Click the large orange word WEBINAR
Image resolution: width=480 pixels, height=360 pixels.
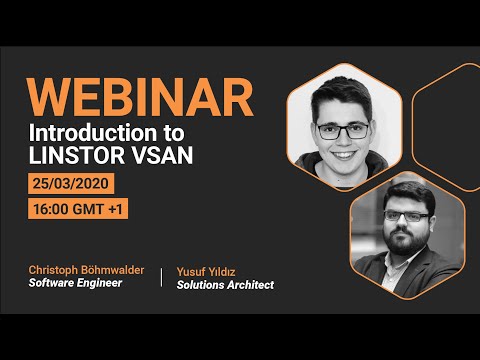139,97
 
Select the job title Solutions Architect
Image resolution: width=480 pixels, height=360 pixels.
225,284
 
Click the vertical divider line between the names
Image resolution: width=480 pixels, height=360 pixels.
161,277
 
